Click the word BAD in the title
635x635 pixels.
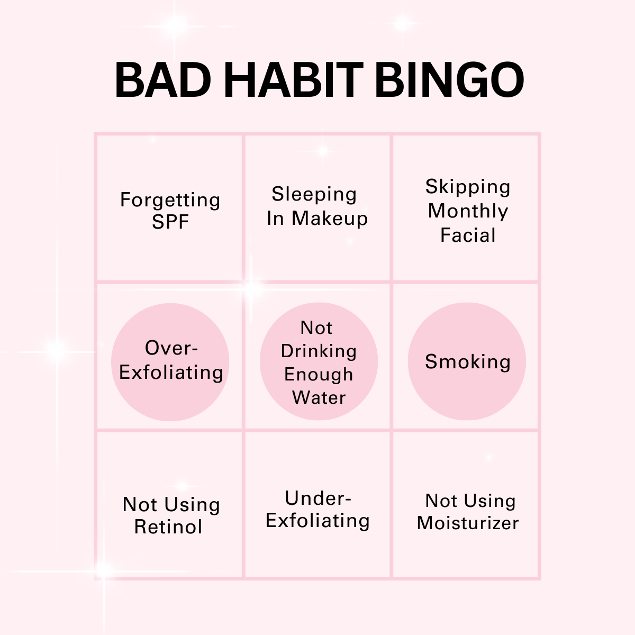pyautogui.click(x=163, y=80)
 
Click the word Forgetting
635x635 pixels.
pyautogui.click(x=170, y=200)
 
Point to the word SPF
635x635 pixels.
pyautogui.click(x=170, y=221)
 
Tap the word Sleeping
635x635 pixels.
pyautogui.click(x=314, y=194)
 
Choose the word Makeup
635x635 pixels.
pyautogui.click(x=330, y=219)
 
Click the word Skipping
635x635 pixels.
pyautogui.click(x=468, y=187)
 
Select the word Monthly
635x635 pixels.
pyautogui.click(x=468, y=211)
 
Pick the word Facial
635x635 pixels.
pyautogui.click(x=468, y=235)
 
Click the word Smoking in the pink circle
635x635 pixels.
pyautogui.click(x=468, y=362)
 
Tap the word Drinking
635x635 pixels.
pyautogui.click(x=319, y=351)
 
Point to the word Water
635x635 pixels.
pyautogui.click(x=319, y=397)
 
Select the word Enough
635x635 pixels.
pyautogui.click(x=319, y=375)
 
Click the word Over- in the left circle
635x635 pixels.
pyautogui.click(x=171, y=348)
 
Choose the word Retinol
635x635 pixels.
pyautogui.click(x=168, y=527)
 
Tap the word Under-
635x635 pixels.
pyautogui.click(x=318, y=498)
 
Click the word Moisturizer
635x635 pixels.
pyautogui.click(x=468, y=523)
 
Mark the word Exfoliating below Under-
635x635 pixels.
pyautogui.click(x=317, y=521)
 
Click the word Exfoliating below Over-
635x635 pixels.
pyautogui.click(x=171, y=373)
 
